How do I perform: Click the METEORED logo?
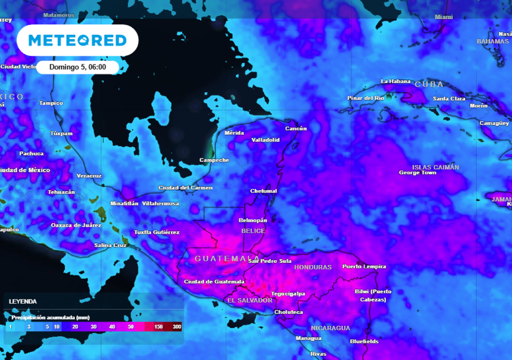(x=77, y=40)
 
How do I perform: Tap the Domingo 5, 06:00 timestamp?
(x=77, y=67)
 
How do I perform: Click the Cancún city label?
(x=295, y=128)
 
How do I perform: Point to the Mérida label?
(x=234, y=133)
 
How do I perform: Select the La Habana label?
(x=395, y=81)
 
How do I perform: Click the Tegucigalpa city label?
(x=287, y=294)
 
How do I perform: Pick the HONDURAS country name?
(x=313, y=267)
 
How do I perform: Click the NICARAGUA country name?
(x=330, y=328)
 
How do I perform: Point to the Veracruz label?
(x=89, y=176)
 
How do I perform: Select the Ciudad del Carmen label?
(x=185, y=188)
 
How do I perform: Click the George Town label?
(x=417, y=173)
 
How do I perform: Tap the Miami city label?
(x=443, y=17)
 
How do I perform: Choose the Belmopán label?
(x=253, y=220)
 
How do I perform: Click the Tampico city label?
(x=51, y=103)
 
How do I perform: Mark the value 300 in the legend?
(x=177, y=326)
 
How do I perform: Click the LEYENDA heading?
(x=22, y=301)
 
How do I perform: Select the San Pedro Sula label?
(x=269, y=261)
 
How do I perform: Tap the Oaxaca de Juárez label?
(x=76, y=225)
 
